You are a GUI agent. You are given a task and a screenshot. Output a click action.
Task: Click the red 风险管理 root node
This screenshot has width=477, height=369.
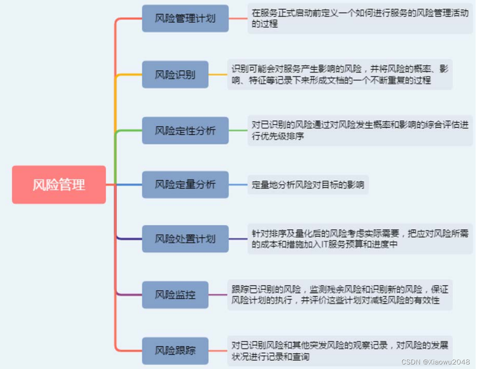59,184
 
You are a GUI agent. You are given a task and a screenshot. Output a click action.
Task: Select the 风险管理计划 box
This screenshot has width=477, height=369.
185,19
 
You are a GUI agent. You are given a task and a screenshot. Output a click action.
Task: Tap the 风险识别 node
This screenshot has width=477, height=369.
175,75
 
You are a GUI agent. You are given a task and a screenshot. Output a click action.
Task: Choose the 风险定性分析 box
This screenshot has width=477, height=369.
185,130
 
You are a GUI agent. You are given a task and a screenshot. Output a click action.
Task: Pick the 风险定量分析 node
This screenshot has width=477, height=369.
185,184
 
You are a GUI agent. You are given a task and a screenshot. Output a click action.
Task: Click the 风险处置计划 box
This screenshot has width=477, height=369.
185,239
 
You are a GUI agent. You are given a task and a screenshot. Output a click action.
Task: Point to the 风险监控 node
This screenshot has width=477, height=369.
175,294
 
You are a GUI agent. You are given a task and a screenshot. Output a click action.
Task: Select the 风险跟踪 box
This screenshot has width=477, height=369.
175,350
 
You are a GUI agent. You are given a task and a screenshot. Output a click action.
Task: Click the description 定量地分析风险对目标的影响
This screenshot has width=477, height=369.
308,185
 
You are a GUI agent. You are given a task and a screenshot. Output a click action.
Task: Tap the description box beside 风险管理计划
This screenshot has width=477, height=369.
360,19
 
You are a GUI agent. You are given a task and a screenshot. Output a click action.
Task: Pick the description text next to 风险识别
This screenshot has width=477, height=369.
340,75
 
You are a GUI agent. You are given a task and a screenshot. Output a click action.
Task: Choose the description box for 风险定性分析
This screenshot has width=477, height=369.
360,130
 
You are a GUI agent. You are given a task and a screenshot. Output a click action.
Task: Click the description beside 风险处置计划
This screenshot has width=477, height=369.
360,239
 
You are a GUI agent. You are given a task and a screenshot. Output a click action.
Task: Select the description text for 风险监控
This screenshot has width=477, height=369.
340,294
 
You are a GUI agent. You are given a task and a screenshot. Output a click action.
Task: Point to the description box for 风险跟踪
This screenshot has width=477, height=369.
340,350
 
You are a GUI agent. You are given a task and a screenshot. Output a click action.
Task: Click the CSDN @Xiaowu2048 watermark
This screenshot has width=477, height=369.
436,362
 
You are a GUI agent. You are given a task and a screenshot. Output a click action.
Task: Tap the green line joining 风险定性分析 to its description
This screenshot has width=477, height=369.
238,130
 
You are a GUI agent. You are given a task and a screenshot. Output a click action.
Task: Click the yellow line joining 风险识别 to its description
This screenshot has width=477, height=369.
218,75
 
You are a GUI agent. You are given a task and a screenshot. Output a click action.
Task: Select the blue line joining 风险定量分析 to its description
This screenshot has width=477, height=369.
238,184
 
